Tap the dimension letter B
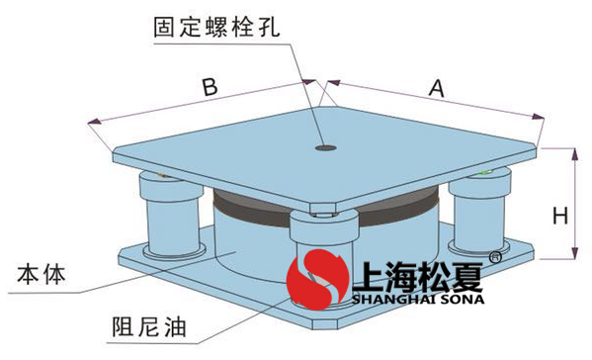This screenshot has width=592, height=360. (209, 87)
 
